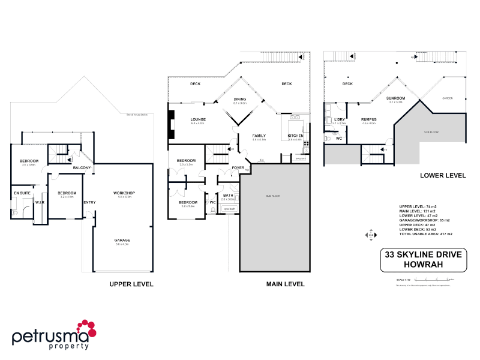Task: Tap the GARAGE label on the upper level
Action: pos(122,240)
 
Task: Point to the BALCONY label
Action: pos(82,168)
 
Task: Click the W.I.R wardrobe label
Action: pos(40,203)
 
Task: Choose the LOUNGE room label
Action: pos(198,119)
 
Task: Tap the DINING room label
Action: pos(240,99)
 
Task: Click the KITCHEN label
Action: pos(296,136)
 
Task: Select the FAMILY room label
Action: pos(259,136)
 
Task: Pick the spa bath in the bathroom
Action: pos(228,209)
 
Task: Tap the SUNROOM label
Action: pos(395,98)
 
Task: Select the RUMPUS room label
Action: pos(368,119)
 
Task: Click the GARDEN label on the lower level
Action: pos(447,98)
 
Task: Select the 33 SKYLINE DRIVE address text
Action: pos(423,255)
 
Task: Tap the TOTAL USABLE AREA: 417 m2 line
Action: pos(425,234)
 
